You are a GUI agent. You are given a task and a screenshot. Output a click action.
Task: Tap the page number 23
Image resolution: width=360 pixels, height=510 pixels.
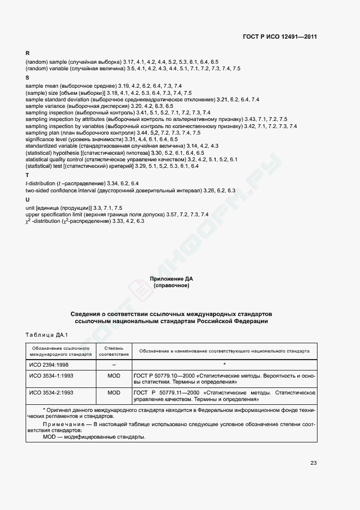pos(313,463)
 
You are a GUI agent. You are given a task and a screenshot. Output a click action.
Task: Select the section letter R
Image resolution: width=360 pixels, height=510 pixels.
pos(28,53)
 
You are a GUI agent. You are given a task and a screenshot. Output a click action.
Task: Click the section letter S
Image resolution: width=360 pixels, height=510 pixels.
pos(28,78)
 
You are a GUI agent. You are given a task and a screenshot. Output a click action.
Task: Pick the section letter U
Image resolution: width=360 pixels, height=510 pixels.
pos(28,199)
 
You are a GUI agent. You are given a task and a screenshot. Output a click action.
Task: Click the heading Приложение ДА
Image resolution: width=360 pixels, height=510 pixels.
pos(172,279)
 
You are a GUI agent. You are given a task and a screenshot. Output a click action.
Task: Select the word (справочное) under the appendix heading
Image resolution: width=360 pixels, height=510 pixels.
pos(172,286)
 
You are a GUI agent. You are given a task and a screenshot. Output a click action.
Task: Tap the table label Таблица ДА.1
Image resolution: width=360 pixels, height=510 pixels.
pos(46,334)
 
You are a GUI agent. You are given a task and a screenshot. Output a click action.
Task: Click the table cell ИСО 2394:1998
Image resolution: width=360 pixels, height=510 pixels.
pos(48,364)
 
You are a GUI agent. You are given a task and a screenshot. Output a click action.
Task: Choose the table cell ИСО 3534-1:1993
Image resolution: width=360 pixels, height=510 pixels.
pos(51,376)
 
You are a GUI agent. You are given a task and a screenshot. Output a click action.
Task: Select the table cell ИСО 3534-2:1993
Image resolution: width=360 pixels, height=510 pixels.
pos(51,392)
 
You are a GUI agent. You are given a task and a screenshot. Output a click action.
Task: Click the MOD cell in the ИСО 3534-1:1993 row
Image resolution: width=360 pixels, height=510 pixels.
pos(114,376)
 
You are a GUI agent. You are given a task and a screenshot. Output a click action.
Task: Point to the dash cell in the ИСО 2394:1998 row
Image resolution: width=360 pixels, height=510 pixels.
pos(114,364)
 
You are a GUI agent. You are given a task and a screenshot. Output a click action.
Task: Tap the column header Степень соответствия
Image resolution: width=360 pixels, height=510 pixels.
pos(114,351)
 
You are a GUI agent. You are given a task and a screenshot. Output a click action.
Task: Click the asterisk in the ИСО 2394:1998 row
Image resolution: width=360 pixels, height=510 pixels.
pos(224,364)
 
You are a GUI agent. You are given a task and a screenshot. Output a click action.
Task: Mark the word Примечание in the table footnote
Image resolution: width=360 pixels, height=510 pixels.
pos(60,423)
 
